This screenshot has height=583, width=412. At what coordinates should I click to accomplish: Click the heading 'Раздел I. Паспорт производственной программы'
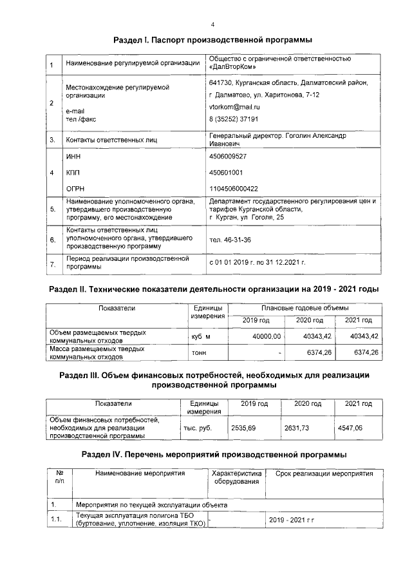coord(212,40)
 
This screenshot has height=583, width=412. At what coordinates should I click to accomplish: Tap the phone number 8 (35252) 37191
coord(234,119)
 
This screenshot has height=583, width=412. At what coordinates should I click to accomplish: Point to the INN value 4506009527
coord(228,157)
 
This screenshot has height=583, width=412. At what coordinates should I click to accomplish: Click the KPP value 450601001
coord(226,173)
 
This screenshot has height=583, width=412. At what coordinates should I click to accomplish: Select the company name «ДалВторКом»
coord(233,67)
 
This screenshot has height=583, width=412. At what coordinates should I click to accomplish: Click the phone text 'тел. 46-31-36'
coord(230,240)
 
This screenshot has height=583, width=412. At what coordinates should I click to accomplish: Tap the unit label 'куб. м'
coord(201,336)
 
